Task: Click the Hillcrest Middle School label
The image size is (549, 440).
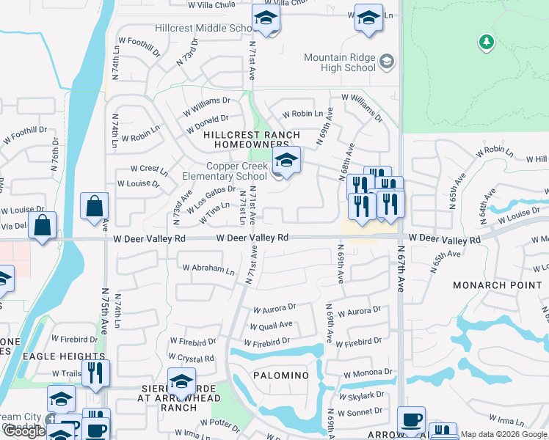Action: pos(205,29)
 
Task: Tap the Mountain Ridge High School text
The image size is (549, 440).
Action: pos(340,63)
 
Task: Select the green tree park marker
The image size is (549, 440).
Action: pos(486,43)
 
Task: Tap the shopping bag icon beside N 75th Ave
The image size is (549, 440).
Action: pos(95,208)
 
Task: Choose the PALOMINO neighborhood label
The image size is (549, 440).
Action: pos(281,375)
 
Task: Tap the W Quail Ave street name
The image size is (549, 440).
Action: pos(271,325)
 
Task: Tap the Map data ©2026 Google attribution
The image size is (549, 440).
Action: pos(503,434)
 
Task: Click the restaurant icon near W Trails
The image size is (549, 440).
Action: pos(95,373)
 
